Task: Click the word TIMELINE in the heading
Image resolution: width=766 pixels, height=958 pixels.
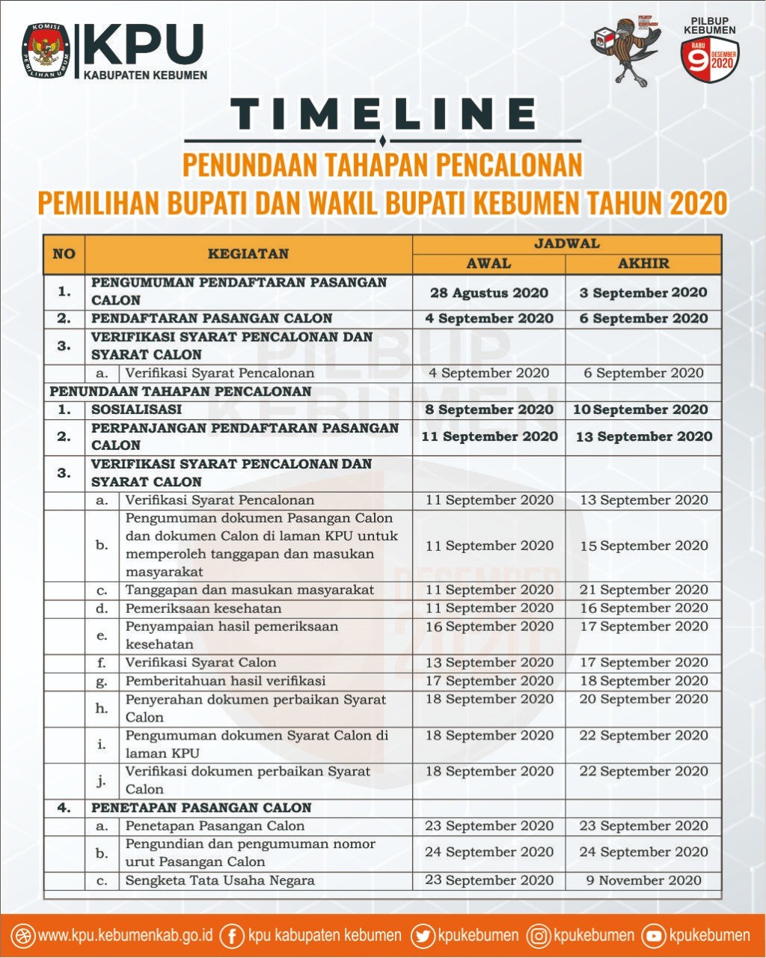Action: tap(382, 114)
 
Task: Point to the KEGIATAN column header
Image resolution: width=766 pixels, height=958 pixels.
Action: tap(248, 254)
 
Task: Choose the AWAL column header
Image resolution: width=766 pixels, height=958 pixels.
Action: tap(488, 263)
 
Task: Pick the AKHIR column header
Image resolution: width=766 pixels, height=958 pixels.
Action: tap(643, 263)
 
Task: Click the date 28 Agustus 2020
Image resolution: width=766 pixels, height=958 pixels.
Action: tap(489, 293)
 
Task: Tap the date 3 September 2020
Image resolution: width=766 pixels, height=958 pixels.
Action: tap(643, 293)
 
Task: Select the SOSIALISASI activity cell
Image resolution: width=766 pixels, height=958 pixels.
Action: tap(137, 409)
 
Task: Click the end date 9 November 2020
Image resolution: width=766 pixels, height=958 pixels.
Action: tap(643, 880)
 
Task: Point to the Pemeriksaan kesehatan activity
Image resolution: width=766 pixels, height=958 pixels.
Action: tap(203, 608)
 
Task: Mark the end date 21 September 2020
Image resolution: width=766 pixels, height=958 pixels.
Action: tap(643, 590)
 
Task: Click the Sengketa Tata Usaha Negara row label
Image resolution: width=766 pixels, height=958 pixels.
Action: tap(220, 880)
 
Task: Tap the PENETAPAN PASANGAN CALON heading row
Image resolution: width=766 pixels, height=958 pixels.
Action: tap(201, 808)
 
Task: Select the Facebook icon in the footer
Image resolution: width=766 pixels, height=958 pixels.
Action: tap(232, 936)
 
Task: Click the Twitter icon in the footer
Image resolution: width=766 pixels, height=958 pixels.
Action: tap(423, 936)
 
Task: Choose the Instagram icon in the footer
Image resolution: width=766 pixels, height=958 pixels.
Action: tap(539, 936)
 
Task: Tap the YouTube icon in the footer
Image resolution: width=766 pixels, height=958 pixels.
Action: tap(654, 936)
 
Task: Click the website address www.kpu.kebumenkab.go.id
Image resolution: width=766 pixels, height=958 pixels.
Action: tap(126, 936)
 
